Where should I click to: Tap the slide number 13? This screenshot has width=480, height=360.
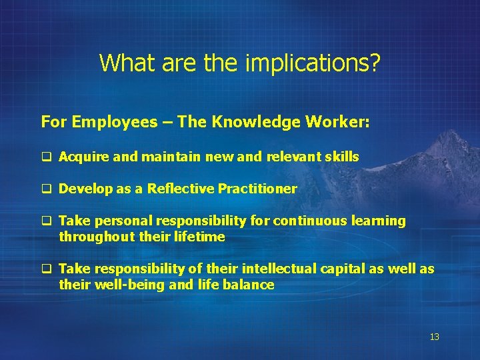click(x=434, y=337)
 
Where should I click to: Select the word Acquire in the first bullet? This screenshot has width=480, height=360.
click(x=79, y=157)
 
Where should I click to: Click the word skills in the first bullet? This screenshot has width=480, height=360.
click(x=343, y=157)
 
